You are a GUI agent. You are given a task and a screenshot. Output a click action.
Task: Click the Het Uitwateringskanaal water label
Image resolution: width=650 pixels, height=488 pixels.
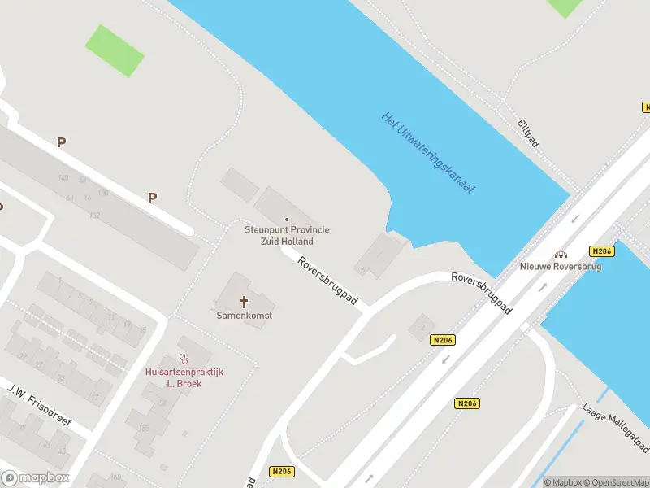(427, 152)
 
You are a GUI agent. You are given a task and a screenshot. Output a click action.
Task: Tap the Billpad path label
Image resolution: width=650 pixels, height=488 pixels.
(528, 133)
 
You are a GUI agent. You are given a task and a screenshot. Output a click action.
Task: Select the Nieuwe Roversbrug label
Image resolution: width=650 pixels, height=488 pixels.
(561, 266)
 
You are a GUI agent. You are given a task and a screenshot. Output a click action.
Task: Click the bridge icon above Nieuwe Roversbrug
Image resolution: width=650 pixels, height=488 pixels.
(561, 253)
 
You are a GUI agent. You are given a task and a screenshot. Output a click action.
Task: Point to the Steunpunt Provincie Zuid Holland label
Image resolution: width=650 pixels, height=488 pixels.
(288, 235)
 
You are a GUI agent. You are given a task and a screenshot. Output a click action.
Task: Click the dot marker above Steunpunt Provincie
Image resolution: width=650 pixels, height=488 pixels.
(287, 220)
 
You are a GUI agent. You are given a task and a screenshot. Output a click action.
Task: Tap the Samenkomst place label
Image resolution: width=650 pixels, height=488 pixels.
(244, 315)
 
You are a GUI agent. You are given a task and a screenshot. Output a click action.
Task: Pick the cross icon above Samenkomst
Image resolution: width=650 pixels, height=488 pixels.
(244, 302)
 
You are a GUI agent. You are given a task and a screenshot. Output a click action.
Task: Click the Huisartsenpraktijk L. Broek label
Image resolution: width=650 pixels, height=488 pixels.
(184, 377)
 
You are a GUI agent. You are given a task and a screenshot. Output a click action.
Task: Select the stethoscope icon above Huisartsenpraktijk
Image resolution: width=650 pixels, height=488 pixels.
(184, 358)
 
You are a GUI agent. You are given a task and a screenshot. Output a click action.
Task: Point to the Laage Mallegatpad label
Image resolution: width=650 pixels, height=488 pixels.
(615, 426)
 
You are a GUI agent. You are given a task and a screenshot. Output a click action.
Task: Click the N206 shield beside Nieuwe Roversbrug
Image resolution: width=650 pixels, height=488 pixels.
(602, 251)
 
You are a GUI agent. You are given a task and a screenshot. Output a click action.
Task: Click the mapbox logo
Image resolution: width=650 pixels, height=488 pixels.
(36, 478)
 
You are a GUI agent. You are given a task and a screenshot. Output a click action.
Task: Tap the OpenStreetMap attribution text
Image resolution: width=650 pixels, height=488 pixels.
(615, 482)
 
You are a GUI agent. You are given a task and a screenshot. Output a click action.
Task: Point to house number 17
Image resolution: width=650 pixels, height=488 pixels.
(94, 397)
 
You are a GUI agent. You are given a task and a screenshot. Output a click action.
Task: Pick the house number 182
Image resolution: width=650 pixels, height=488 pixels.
(94, 216)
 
